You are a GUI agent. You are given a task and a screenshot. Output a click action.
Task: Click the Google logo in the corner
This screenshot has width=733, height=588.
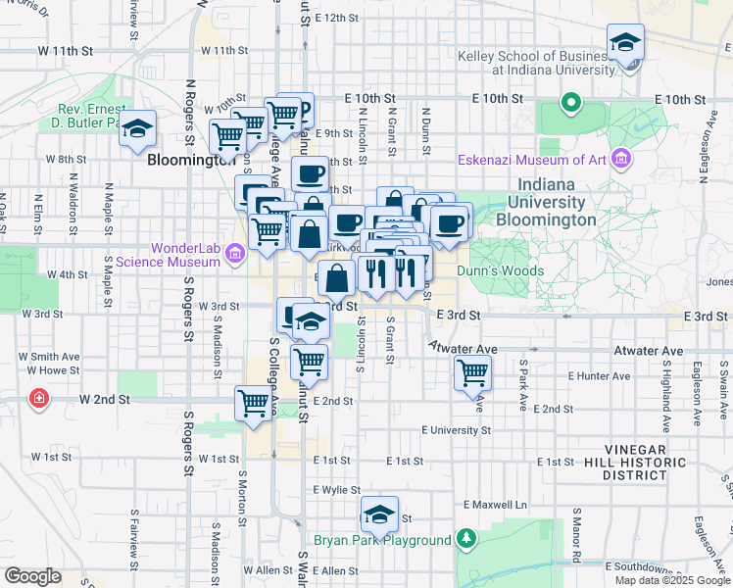click(32, 575)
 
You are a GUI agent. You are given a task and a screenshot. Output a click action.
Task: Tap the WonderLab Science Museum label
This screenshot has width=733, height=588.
click(168, 255)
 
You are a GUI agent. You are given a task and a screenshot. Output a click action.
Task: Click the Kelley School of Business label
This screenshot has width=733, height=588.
click(533, 63)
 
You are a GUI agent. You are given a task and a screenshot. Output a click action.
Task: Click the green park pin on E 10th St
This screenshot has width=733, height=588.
click(570, 102)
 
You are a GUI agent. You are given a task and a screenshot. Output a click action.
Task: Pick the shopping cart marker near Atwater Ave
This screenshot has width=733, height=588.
click(472, 372)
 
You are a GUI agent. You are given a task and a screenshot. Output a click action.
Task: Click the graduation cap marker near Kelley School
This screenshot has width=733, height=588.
click(624, 42)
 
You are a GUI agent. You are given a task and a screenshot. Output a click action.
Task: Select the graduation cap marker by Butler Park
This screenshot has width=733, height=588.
click(137, 128)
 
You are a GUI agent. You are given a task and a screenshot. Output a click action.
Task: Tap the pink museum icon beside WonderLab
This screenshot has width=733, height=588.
click(233, 255)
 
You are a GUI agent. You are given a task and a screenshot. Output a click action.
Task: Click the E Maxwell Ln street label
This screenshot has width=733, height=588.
click(495, 504)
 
